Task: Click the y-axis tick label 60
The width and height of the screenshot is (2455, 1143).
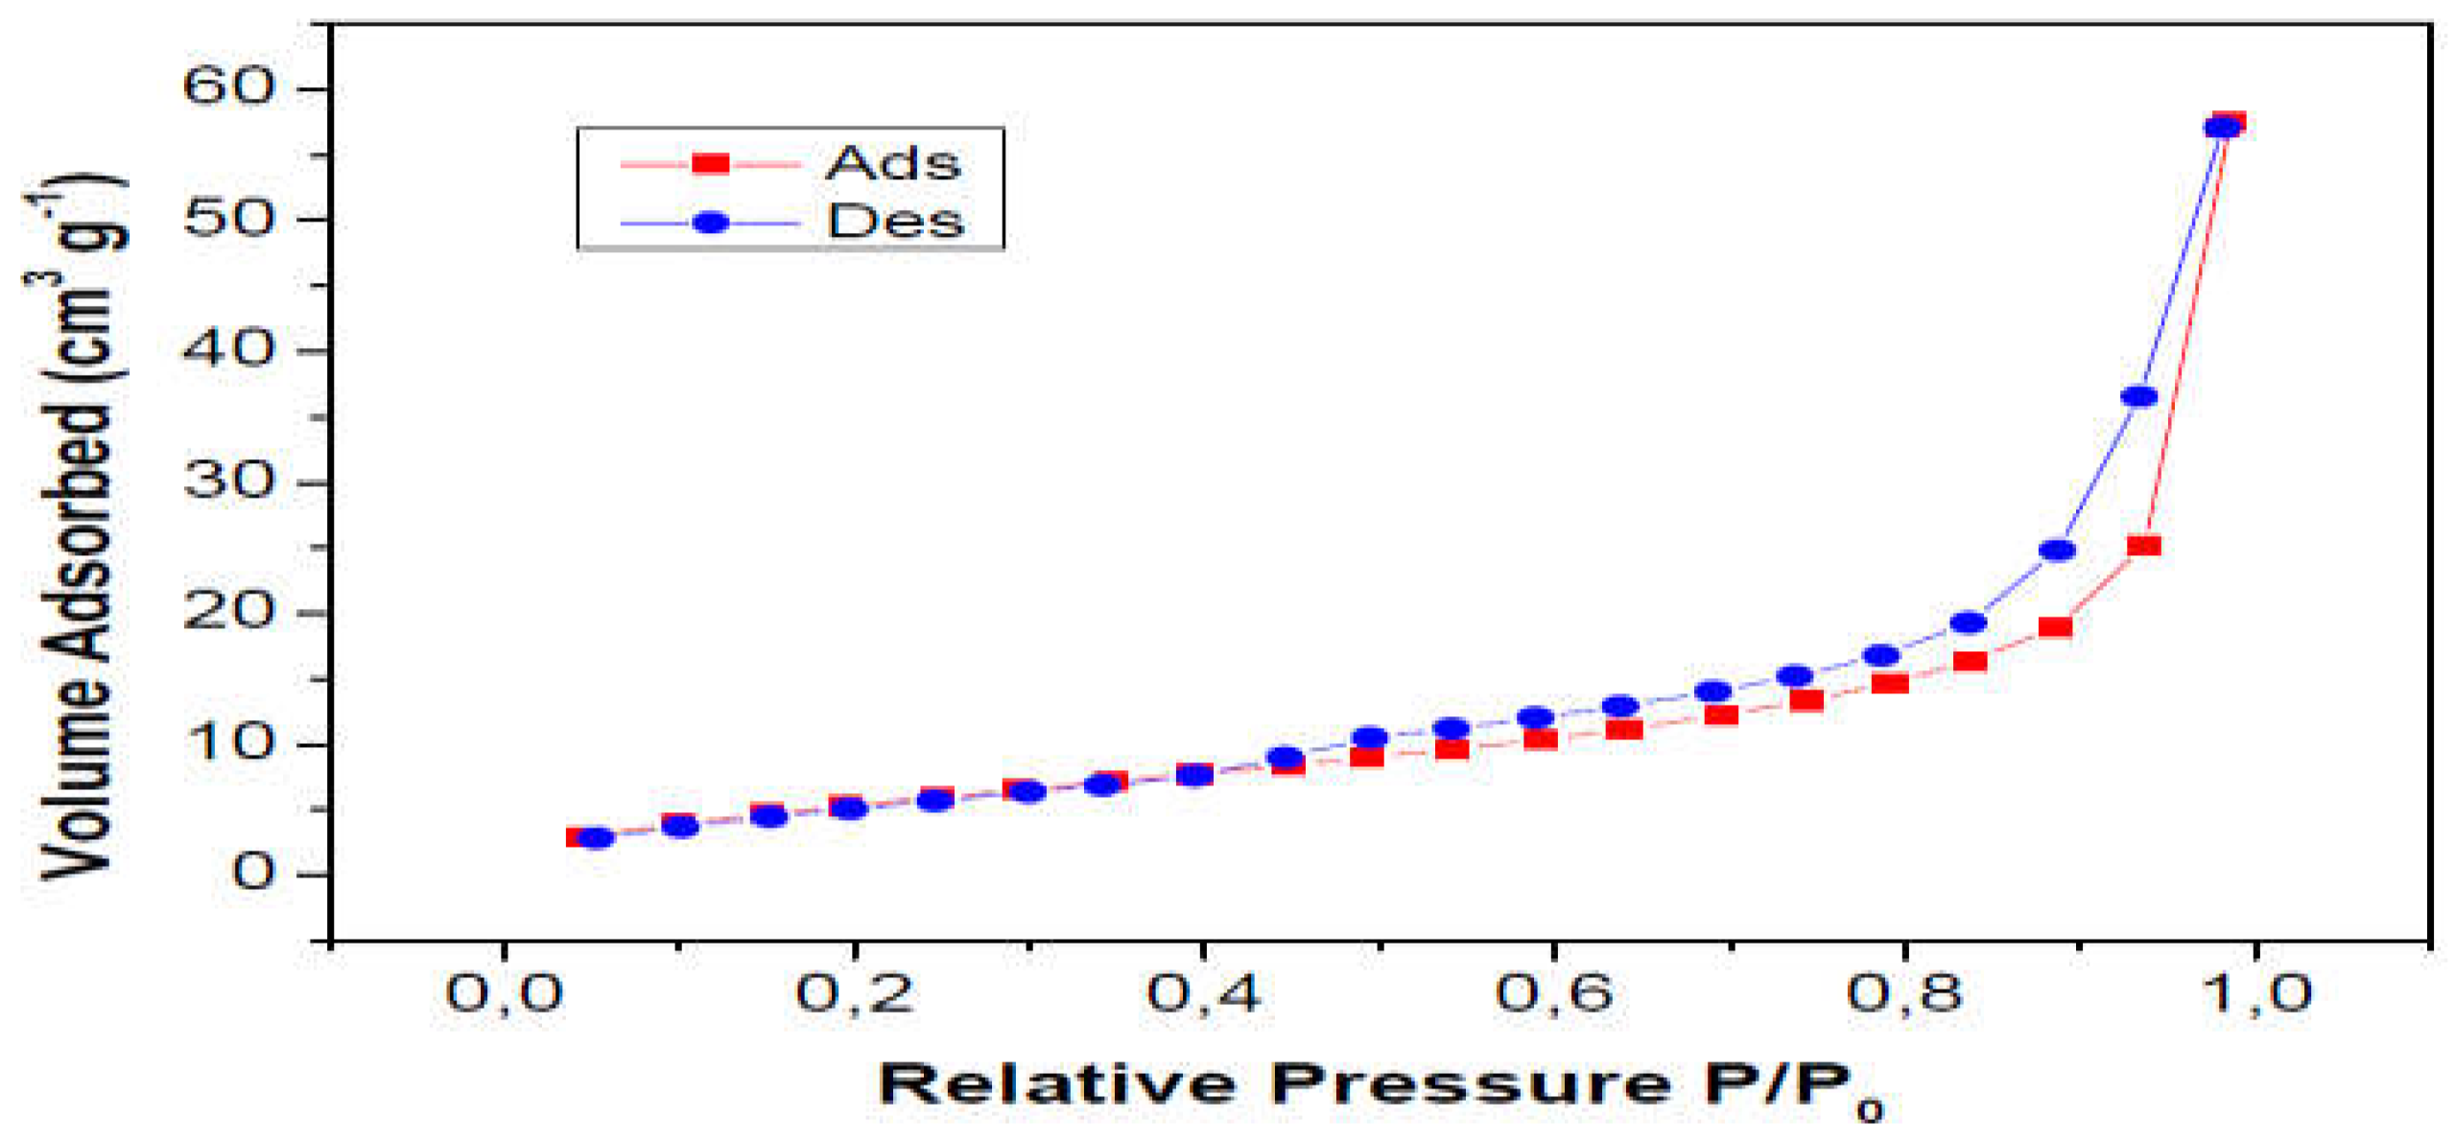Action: pyautogui.click(x=228, y=86)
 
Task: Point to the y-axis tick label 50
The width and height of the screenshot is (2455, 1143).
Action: pyautogui.click(x=228, y=219)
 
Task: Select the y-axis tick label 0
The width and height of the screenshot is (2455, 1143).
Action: pyautogui.click(x=253, y=873)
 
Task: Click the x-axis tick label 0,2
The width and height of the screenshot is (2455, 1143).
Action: pyautogui.click(x=854, y=991)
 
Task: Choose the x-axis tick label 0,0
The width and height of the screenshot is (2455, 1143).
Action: pyautogui.click(x=504, y=991)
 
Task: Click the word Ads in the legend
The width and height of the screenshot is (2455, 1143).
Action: pyautogui.click(x=892, y=164)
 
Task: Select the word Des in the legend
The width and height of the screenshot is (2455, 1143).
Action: pyautogui.click(x=895, y=222)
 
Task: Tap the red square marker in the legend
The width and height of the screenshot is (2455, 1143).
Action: pyautogui.click(x=711, y=164)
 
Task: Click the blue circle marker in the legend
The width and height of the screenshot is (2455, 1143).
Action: pyautogui.click(x=711, y=222)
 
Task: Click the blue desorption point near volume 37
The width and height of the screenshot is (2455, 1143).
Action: pyautogui.click(x=2138, y=396)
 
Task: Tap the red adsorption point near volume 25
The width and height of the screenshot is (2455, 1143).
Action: pyautogui.click(x=2143, y=546)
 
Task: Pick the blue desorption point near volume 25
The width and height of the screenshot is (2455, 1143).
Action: pyautogui.click(x=2057, y=550)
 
